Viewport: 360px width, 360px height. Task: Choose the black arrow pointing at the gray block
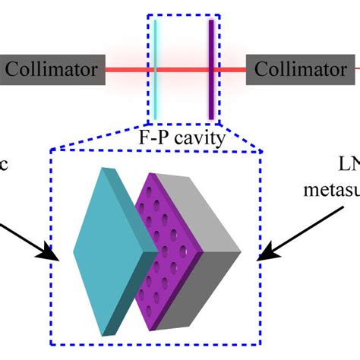point(289,243)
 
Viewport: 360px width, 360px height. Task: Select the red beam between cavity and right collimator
point(231,70)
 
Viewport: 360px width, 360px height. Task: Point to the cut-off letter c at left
point(6,165)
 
